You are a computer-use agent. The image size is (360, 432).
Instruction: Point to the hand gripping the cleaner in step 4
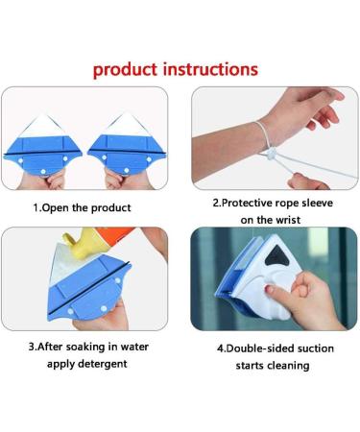305,293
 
